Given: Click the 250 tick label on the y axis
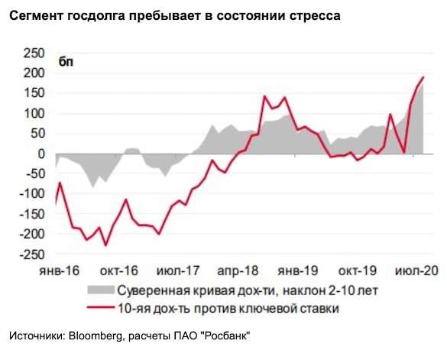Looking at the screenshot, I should pyautogui.click(x=33, y=53).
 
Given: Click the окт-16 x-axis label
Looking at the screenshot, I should pyautogui.click(x=119, y=271).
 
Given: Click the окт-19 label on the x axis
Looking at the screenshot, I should pyautogui.click(x=356, y=271).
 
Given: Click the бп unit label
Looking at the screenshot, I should pyautogui.click(x=67, y=62).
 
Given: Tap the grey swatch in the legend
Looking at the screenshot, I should pyautogui.click(x=98, y=290).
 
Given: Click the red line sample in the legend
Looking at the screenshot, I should pyautogui.click(x=98, y=308).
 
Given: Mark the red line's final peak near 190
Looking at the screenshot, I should pyautogui.click(x=423, y=76).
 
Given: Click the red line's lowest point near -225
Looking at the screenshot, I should pyautogui.click(x=105, y=245).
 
